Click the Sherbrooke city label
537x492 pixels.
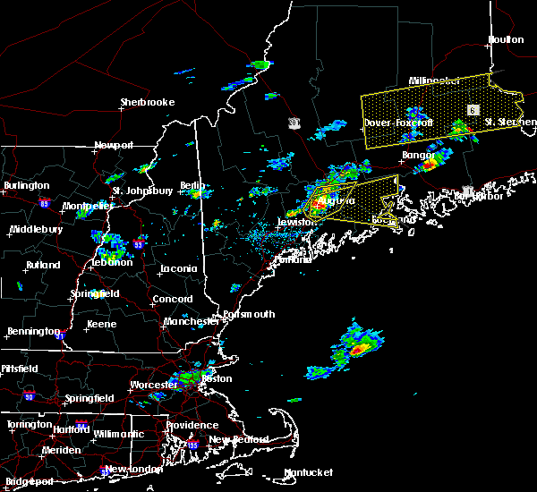click(x=148, y=103)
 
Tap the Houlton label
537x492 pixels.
click(x=506, y=39)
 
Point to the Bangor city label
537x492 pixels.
click(x=417, y=155)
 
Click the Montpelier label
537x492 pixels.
click(x=88, y=206)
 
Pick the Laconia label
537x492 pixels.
click(x=178, y=268)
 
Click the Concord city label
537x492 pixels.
click(x=173, y=299)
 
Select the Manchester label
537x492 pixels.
click(x=190, y=321)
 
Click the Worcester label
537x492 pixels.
click(x=154, y=385)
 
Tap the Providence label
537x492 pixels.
click(x=192, y=425)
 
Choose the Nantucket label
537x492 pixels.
click(x=308, y=472)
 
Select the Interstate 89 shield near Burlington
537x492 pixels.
click(x=69, y=204)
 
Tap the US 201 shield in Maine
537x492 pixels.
click(x=294, y=121)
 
